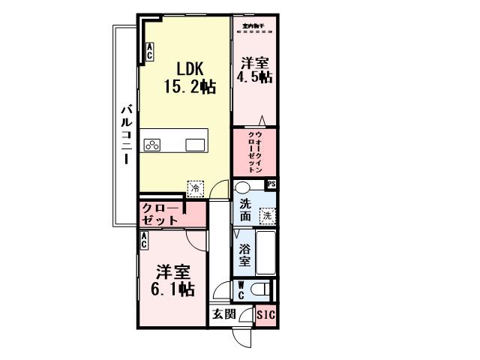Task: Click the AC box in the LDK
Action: [x=149, y=52]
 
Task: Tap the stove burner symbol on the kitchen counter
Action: [x=154, y=144]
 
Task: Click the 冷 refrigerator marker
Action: [x=195, y=190]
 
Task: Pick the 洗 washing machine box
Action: [x=267, y=215]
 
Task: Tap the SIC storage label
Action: [x=265, y=315]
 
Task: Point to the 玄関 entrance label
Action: [x=223, y=315]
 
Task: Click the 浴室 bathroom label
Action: [x=244, y=255]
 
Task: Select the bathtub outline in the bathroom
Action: [x=265, y=253]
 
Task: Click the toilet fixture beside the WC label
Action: [x=260, y=289]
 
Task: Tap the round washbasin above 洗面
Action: [x=242, y=188]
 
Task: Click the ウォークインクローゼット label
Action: [x=254, y=152]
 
